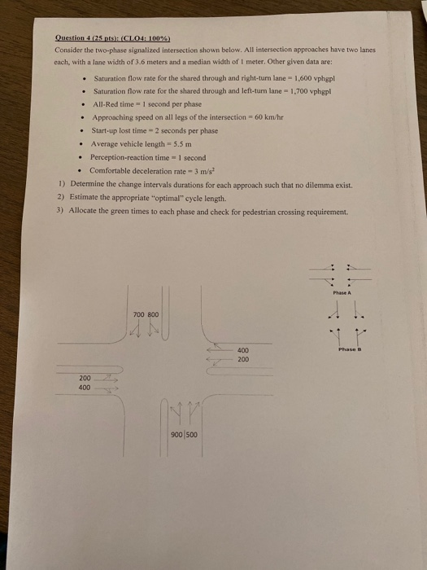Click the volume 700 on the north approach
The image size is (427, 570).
[138, 313]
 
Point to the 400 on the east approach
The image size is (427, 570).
[242, 350]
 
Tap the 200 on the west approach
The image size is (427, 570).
[85, 377]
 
